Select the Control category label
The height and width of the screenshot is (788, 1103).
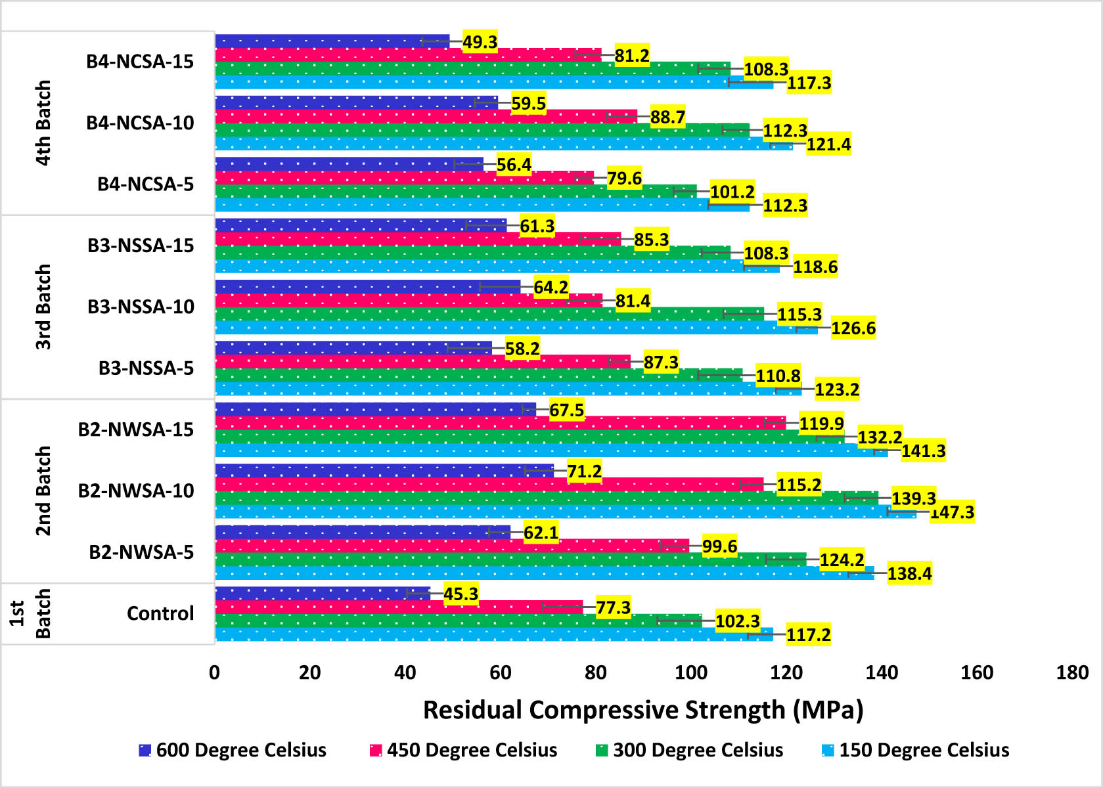(x=160, y=613)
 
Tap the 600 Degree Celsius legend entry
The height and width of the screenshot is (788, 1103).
(x=233, y=750)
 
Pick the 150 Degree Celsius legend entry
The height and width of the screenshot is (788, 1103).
(x=916, y=750)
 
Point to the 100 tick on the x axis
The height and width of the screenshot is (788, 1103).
(x=691, y=672)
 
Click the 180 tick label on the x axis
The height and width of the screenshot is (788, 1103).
(x=1072, y=672)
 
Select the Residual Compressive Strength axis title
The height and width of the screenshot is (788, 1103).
(x=642, y=710)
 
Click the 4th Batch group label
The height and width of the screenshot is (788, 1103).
(x=43, y=123)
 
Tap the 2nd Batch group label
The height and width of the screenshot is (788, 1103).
(x=43, y=491)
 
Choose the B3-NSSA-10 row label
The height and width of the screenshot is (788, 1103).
(x=141, y=307)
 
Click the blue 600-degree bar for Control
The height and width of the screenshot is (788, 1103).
(x=322, y=593)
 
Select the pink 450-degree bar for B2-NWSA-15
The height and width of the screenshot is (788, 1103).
(x=499, y=423)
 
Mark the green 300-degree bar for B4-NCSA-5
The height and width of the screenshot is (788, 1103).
(x=453, y=191)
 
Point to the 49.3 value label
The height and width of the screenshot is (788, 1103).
(x=480, y=42)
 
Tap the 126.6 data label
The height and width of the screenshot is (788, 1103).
(x=853, y=328)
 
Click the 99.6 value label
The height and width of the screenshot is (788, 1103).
(x=719, y=546)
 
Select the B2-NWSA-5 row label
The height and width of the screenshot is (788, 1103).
(x=141, y=552)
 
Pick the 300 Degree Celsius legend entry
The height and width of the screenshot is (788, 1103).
(x=690, y=750)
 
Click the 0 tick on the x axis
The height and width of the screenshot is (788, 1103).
(x=215, y=672)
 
